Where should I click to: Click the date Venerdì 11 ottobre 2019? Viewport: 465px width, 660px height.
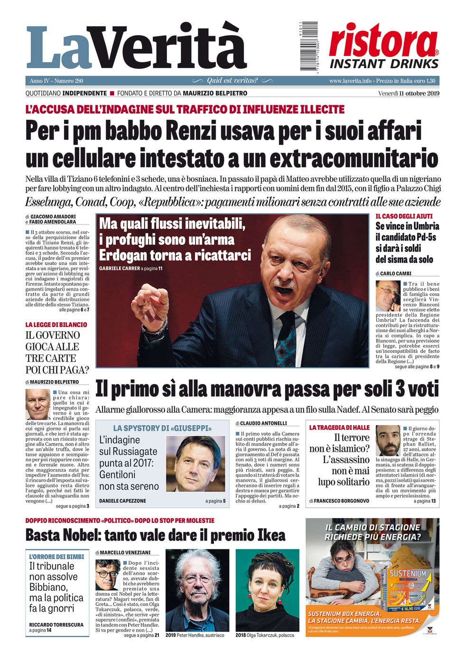click(409, 93)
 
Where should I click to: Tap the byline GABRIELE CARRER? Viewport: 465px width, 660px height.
click(119, 269)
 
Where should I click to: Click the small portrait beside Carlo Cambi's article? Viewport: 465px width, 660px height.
click(388, 296)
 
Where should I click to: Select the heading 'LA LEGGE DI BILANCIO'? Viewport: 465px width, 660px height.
click(56, 325)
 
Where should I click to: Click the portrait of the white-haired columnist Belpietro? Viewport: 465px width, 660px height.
click(38, 404)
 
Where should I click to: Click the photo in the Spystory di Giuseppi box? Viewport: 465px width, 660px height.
click(196, 464)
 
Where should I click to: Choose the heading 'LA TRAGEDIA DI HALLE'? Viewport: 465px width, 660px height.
click(339, 428)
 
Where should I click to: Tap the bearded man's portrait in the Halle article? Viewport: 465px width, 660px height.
click(388, 440)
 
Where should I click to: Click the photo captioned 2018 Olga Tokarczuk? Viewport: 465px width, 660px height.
click(267, 590)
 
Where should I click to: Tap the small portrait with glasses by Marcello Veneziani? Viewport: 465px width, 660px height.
click(108, 575)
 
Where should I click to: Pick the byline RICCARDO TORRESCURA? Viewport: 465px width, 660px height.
click(56, 624)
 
